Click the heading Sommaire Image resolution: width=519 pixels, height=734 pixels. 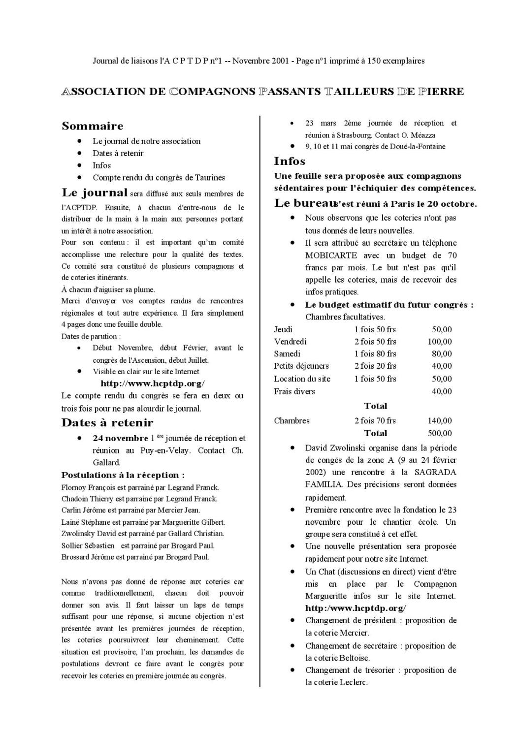(x=92, y=126)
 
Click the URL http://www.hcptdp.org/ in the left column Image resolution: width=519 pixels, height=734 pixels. (x=152, y=383)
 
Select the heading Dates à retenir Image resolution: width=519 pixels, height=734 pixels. (x=107, y=422)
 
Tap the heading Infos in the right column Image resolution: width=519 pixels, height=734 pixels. (x=290, y=161)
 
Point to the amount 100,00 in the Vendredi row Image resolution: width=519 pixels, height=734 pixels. (x=439, y=342)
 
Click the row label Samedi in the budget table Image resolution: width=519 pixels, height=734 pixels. (x=287, y=353)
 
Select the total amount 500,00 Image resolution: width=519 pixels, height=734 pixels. (x=439, y=433)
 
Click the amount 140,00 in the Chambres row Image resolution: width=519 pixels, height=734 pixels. (x=439, y=420)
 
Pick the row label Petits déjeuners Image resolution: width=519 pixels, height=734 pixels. (x=301, y=366)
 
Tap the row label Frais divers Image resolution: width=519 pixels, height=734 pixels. (x=294, y=391)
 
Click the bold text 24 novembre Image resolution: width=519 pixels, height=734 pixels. (x=120, y=438)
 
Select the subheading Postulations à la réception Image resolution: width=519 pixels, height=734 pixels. (x=123, y=475)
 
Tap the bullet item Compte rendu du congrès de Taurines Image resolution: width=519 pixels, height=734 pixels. (x=159, y=178)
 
